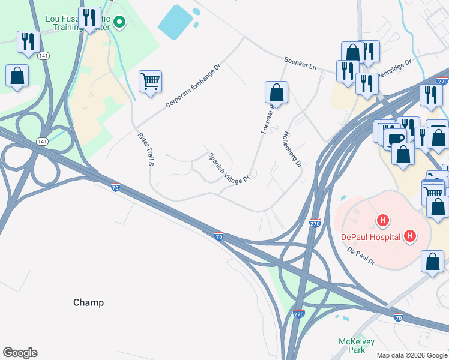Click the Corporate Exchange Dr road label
194,86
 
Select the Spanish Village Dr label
229,168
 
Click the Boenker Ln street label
300,62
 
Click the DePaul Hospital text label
370,236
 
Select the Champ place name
88,302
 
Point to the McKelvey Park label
357,346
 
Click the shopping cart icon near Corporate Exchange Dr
150,81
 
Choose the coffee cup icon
394,139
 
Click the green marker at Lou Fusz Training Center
119,23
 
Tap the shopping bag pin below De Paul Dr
432,262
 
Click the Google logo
20,353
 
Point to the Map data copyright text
412,355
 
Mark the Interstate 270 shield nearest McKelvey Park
298,314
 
